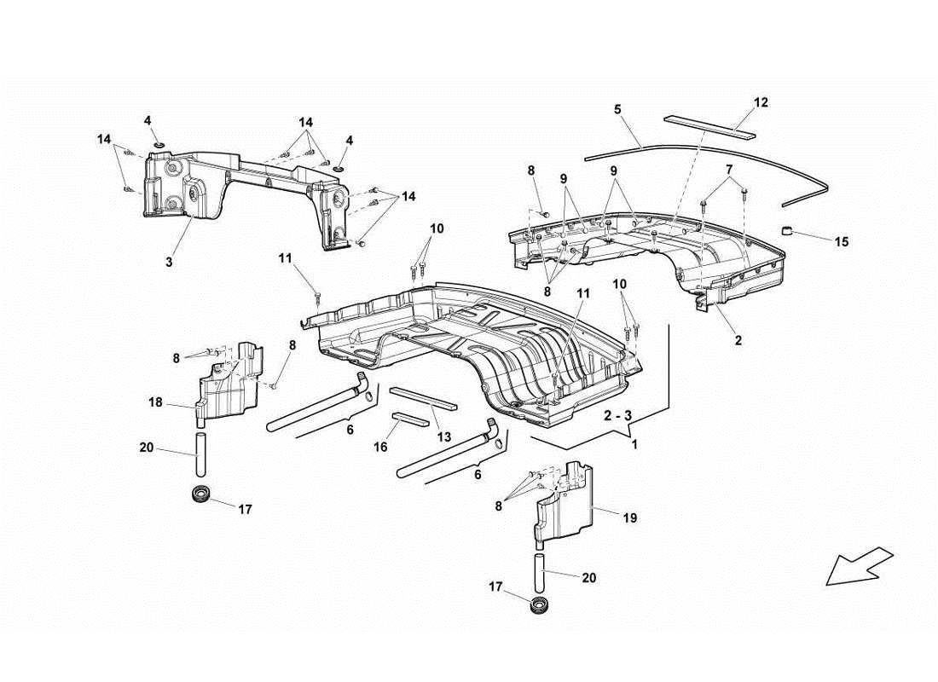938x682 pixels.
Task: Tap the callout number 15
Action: (842, 242)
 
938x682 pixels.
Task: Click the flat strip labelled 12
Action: (710, 124)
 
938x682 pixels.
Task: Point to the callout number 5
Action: (617, 109)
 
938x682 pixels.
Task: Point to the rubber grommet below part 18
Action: (202, 494)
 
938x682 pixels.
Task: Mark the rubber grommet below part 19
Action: (537, 607)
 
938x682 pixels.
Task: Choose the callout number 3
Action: (169, 263)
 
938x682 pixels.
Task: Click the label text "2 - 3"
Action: (618, 415)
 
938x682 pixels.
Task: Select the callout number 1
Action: (634, 444)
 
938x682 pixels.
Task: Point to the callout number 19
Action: (630, 517)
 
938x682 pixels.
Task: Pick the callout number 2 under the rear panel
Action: (738, 340)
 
